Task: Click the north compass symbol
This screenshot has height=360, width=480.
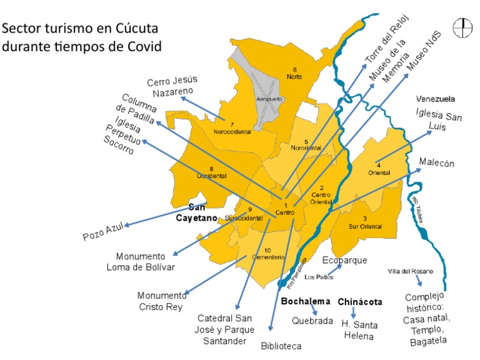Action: point(463,26)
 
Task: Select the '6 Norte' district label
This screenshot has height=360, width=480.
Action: point(294,73)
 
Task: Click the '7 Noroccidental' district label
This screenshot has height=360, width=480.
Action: point(232,128)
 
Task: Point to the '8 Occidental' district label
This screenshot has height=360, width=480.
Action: point(212,172)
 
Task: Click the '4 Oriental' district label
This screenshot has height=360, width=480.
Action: point(379,169)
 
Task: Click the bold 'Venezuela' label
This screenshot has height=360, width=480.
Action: point(436,99)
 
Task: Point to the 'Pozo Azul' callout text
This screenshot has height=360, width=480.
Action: point(104,232)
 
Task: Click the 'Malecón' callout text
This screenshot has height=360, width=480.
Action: point(436,164)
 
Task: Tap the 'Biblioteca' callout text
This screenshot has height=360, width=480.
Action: point(281,346)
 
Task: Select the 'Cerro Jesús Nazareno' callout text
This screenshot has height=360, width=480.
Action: point(172,86)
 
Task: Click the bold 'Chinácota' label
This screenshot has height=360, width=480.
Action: point(360,302)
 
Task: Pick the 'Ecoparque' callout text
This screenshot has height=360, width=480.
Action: point(345,260)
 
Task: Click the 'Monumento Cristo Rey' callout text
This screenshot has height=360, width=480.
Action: point(162,301)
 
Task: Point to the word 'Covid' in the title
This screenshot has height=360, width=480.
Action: point(142,46)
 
